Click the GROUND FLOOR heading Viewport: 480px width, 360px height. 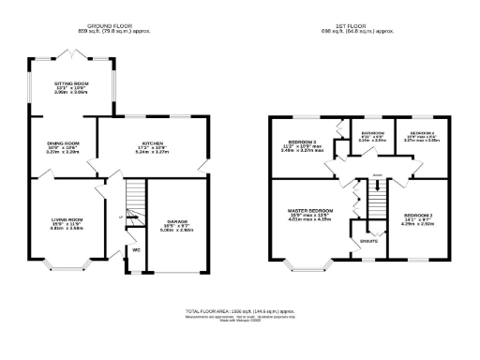(x=118, y=26)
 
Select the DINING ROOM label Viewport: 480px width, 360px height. (x=64, y=143)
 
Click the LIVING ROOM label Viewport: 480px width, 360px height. (x=67, y=221)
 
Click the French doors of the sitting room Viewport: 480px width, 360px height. (x=72, y=52)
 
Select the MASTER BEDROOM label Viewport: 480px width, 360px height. (x=308, y=210)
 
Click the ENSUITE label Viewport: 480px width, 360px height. (x=369, y=242)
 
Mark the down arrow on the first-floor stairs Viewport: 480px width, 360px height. (x=377, y=185)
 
